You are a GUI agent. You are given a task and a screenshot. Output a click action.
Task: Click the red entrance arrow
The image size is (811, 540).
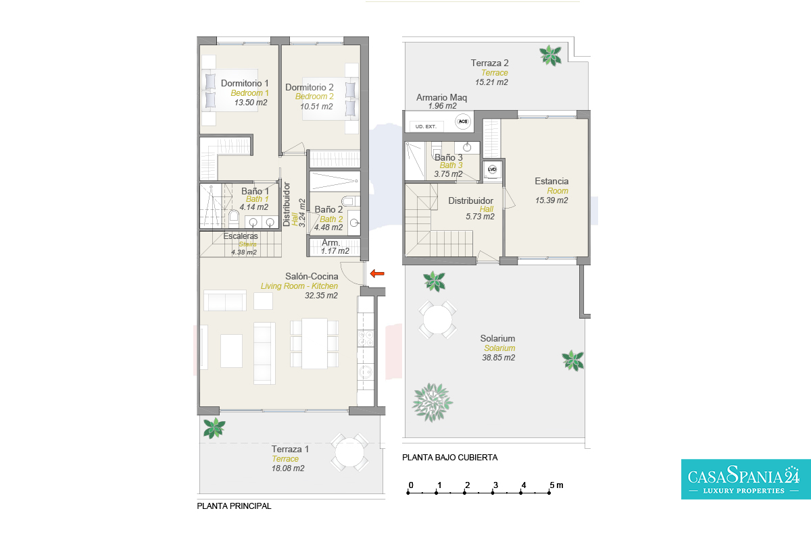tap(377, 273)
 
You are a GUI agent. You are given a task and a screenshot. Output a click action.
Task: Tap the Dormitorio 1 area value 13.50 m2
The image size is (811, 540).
tap(251, 103)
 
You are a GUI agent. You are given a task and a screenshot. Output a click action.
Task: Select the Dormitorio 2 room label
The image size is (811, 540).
tap(310, 87)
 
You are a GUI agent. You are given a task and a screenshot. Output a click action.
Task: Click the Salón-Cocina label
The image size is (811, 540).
tap(312, 276)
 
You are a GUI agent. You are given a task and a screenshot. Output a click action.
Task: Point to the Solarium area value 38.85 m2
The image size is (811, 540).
tap(498, 358)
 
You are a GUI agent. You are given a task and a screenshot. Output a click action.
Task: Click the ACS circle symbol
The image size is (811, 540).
tap(463, 122)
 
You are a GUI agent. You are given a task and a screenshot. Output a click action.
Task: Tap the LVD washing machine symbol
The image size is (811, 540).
tap(492, 169)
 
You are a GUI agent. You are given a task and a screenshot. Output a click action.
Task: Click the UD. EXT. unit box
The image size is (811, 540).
tap(426, 127)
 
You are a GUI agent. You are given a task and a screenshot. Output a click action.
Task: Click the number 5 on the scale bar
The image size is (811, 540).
tap(551, 485)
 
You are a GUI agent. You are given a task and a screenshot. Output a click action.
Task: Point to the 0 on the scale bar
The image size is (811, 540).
tap(411, 485)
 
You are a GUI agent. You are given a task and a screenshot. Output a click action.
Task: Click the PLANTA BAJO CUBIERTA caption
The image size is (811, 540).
tap(449, 458)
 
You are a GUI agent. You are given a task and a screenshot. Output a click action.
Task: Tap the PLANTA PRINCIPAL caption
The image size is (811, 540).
tap(234, 506)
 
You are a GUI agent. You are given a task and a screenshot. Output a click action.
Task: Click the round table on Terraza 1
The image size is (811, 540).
tap(349, 452)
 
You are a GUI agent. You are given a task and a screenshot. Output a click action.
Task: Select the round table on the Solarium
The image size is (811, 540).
tap(437, 320)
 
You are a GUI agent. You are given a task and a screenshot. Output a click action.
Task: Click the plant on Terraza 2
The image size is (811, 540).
tap(550, 55)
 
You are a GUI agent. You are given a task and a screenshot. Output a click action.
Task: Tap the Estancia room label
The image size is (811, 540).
tap(551, 181)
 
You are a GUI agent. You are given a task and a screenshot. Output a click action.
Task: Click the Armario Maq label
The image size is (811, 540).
tap(441, 97)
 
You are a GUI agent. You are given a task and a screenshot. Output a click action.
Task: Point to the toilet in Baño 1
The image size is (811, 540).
tap(234, 218)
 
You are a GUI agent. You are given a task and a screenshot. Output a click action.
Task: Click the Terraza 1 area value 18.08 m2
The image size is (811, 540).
tap(288, 468)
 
